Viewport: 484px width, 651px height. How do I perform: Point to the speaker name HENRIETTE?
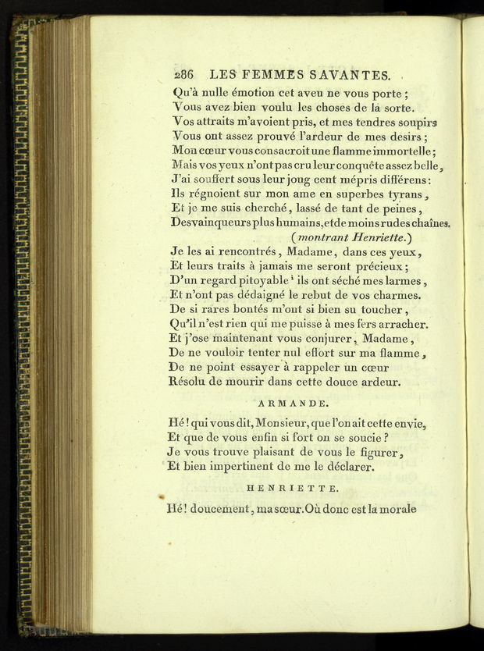(293, 488)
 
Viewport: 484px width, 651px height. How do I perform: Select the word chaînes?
(429, 222)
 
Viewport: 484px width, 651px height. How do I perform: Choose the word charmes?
(394, 295)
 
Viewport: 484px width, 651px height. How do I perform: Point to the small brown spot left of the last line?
(161, 496)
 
